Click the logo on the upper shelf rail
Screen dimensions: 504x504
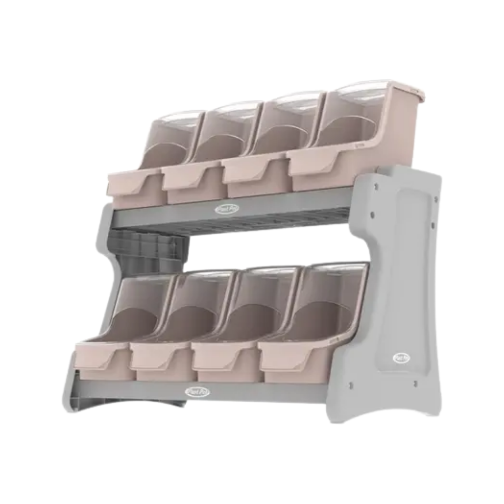click(224, 210)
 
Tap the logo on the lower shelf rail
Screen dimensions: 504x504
click(197, 391)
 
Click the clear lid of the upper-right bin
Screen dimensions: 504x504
click(357, 93)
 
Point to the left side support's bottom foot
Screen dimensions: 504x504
click(75, 401)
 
